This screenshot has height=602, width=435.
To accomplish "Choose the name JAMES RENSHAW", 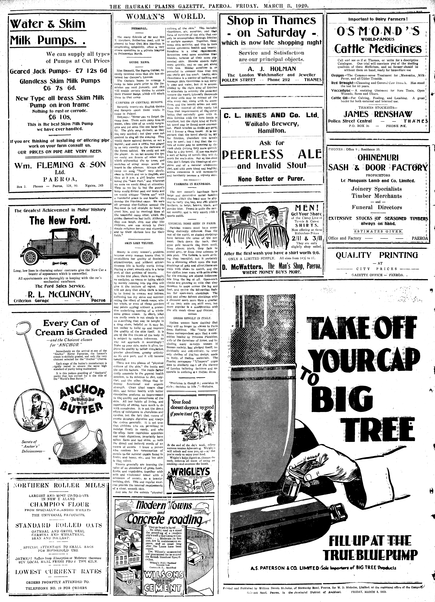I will [378, 114].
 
